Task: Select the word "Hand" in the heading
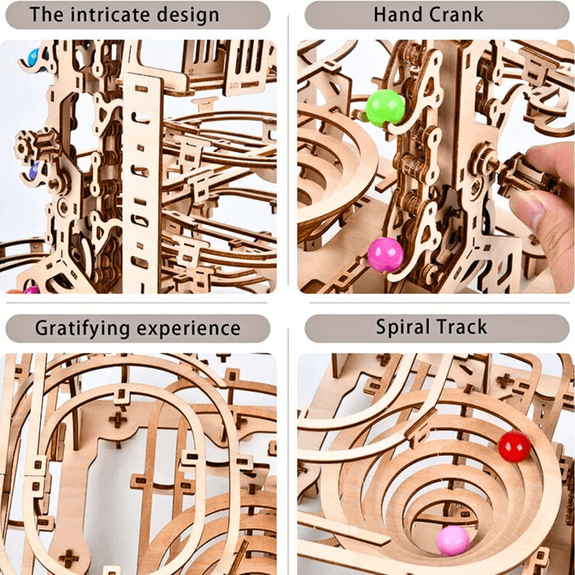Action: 398,14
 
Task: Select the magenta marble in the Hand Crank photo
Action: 385,253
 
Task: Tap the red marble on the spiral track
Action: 513,446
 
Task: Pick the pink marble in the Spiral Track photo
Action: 453,540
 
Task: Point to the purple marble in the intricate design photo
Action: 34,171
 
